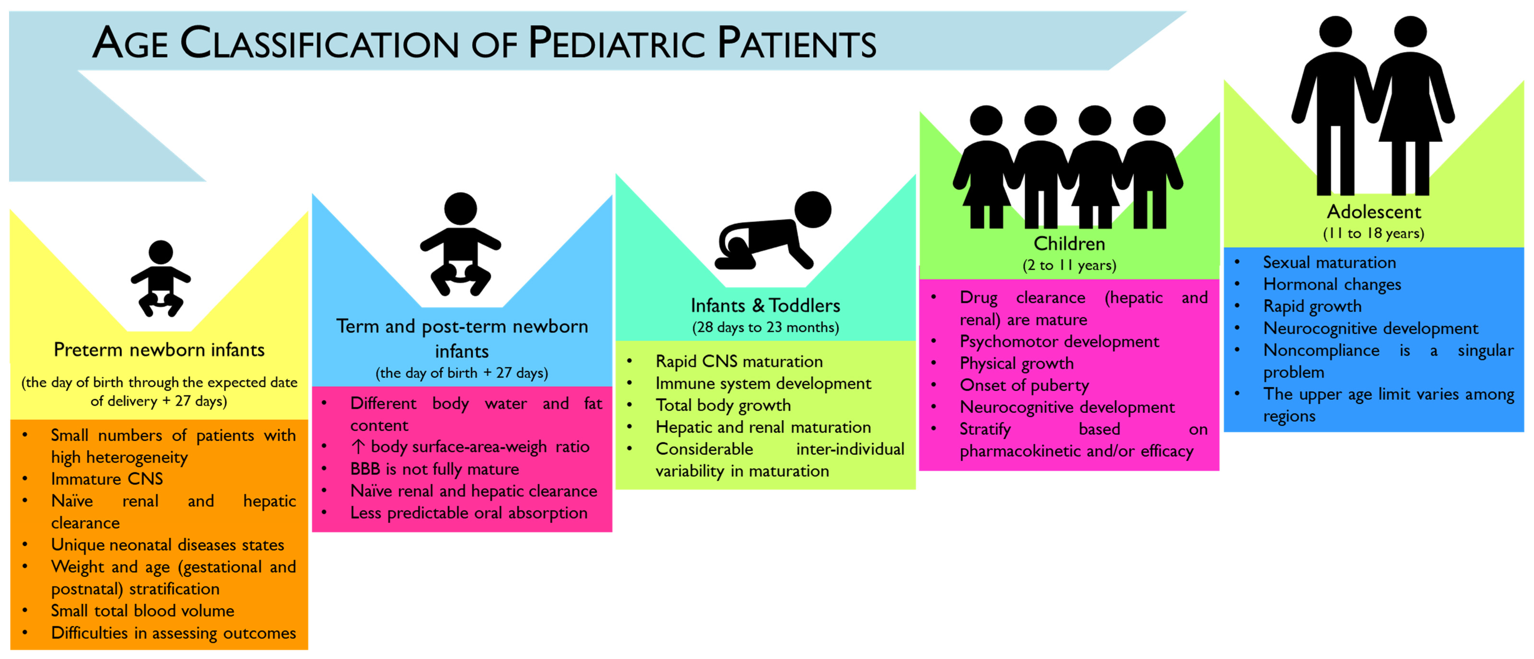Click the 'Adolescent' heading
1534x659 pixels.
(x=1373, y=212)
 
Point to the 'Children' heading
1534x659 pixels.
(x=1069, y=243)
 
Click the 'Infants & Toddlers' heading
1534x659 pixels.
(x=765, y=305)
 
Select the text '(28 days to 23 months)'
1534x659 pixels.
(x=765, y=327)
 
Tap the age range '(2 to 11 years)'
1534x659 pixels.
(x=1069, y=265)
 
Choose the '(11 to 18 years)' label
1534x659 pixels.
(x=1373, y=233)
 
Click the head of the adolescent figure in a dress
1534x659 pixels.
(x=1410, y=32)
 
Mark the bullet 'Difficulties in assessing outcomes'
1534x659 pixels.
(x=173, y=633)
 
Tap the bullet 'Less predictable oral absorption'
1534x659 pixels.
(x=469, y=513)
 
